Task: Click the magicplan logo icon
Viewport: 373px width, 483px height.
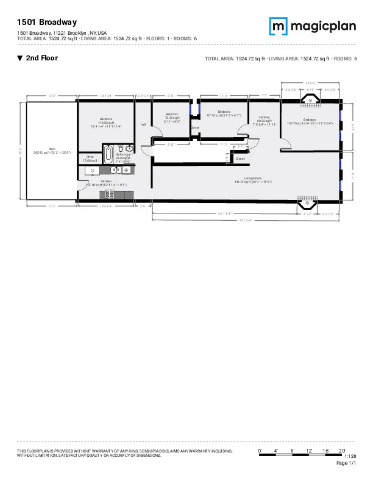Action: tap(278, 26)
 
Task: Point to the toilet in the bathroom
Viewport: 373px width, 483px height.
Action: tap(121, 148)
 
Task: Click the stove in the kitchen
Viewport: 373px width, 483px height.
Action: tap(111, 195)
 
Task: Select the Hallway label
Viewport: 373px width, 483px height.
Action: tap(264, 120)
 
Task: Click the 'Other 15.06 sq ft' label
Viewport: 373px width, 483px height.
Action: tap(90, 159)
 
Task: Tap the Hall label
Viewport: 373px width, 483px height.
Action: tap(143, 124)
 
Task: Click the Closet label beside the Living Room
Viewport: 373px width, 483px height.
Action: tap(240, 159)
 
